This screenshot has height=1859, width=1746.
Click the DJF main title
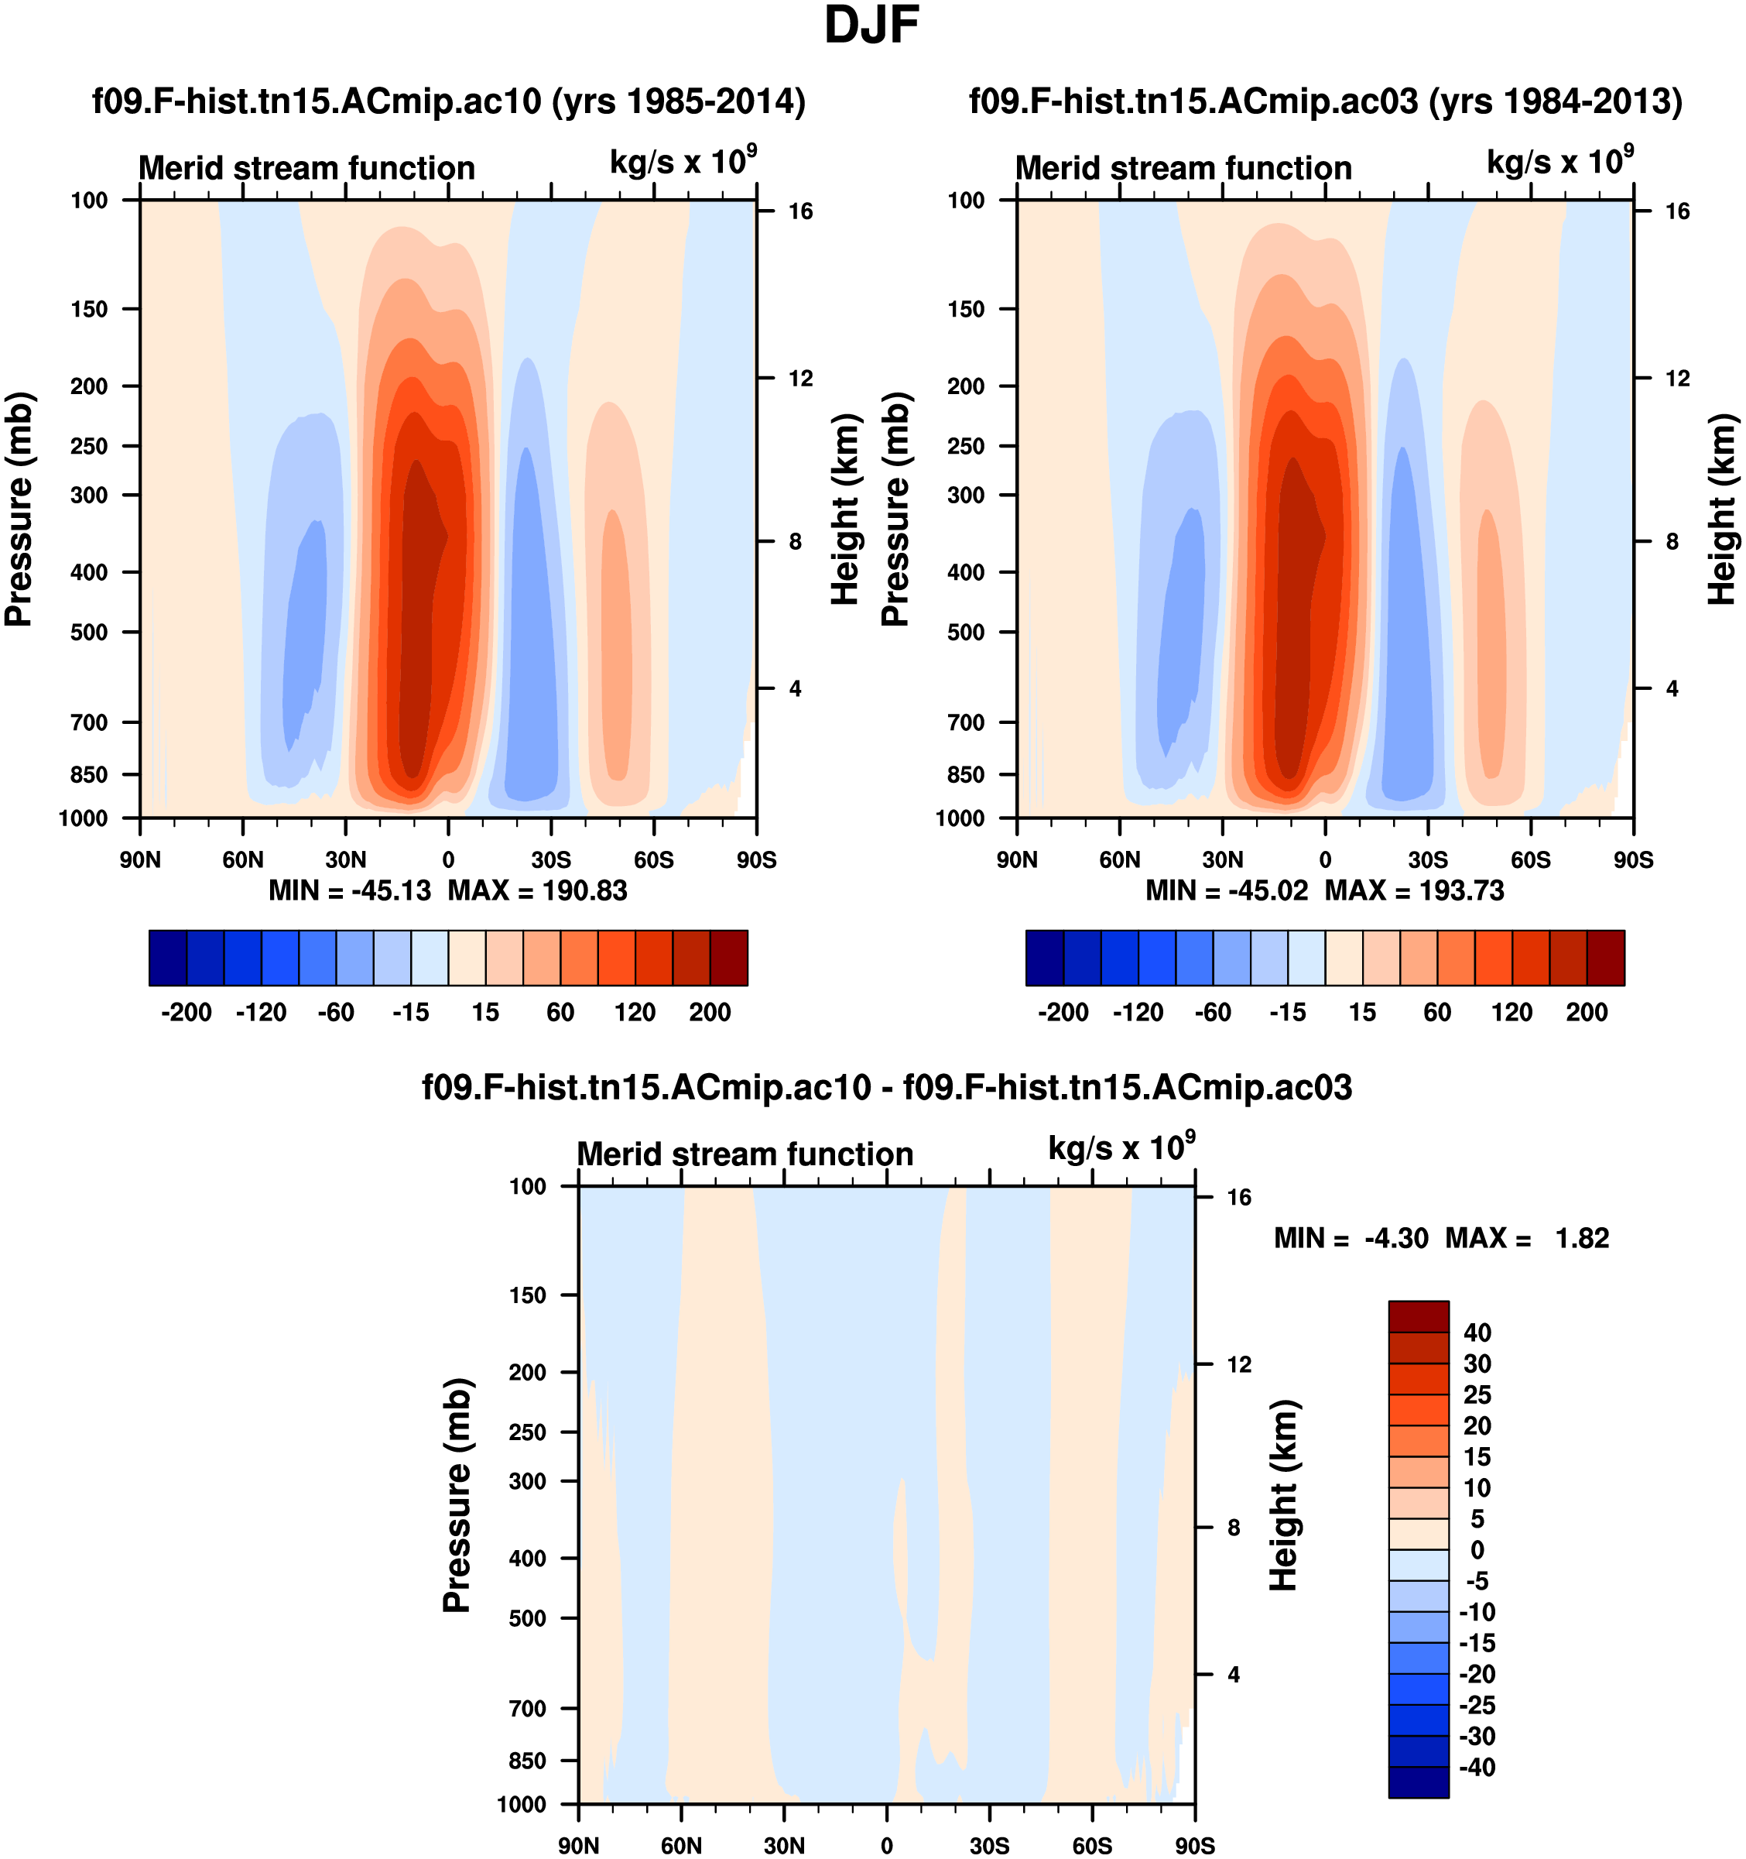coord(871,26)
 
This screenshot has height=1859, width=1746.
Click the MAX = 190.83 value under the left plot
coord(536,890)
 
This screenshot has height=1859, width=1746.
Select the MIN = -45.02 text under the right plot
coord(1227,890)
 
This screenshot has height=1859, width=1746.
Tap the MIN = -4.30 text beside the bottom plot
coord(1351,1238)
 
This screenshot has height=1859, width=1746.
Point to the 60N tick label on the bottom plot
coord(680,1845)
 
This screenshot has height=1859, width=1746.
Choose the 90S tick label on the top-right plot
coord(1633,859)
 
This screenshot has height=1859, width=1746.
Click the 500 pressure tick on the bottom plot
coord(527,1617)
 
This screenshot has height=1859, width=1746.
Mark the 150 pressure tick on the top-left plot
coord(89,309)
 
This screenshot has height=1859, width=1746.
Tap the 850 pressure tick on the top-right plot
coord(966,774)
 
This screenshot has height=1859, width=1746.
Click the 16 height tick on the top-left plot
coord(800,211)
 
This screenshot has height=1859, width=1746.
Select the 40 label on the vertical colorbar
coord(1477,1333)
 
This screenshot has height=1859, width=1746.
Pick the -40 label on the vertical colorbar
coord(1477,1768)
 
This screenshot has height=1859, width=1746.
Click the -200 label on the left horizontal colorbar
coord(186,1012)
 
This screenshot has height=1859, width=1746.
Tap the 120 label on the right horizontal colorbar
coord(1511,1012)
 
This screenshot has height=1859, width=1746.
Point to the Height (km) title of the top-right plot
coord(1722,509)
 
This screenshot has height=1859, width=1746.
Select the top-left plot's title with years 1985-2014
coord(449,101)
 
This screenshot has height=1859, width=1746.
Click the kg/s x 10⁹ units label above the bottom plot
coord(1121,1148)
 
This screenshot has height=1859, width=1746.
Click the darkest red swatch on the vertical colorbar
coord(1418,1315)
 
